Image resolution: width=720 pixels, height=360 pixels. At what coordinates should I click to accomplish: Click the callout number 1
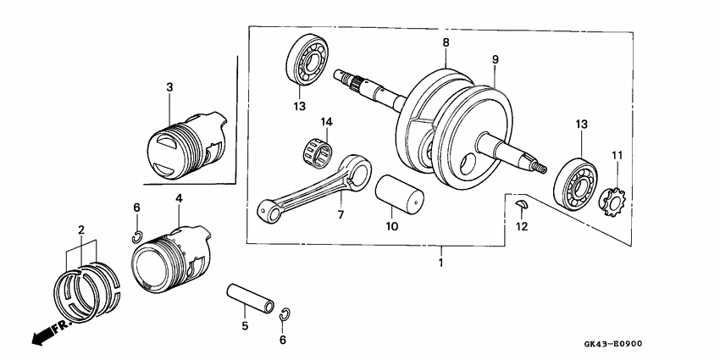(x=440, y=263)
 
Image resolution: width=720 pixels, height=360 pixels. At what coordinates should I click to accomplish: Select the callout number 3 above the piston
(x=169, y=87)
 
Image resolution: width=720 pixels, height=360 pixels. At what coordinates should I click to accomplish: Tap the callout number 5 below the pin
(x=245, y=325)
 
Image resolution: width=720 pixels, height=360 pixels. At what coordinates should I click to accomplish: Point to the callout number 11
(x=617, y=155)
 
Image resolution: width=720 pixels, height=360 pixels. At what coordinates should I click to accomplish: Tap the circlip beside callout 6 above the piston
(x=136, y=235)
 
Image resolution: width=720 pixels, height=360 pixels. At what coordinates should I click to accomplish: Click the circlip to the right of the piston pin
(x=285, y=314)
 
